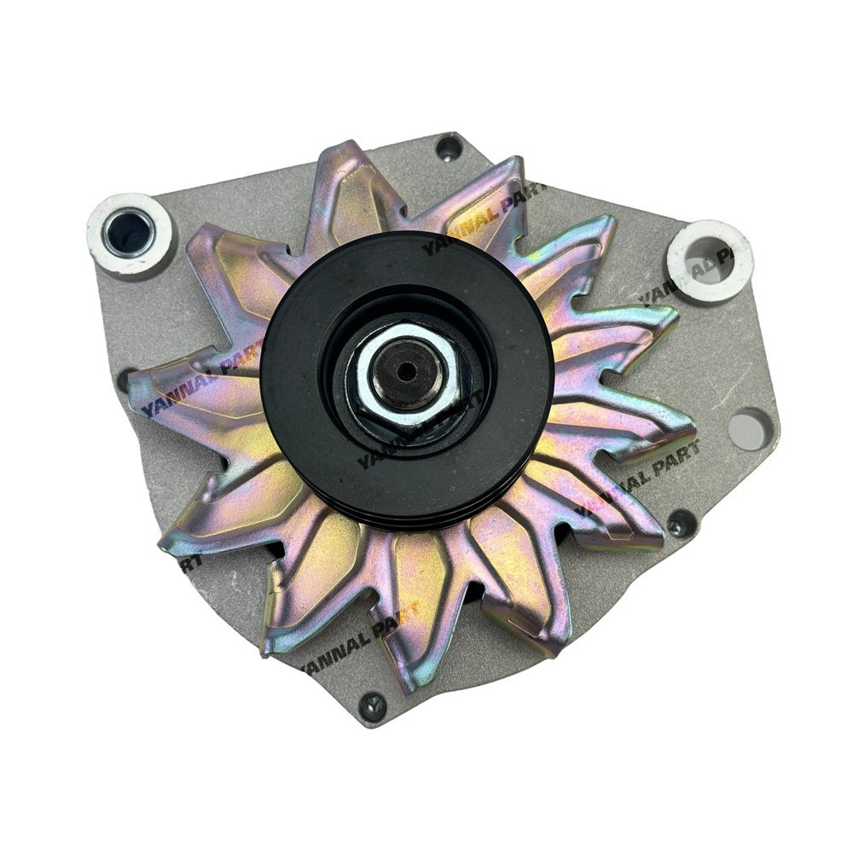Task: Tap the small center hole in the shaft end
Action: click(x=407, y=368)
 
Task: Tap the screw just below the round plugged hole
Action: click(x=680, y=521)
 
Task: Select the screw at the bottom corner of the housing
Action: click(x=373, y=705)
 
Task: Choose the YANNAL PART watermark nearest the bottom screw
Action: click(x=359, y=636)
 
